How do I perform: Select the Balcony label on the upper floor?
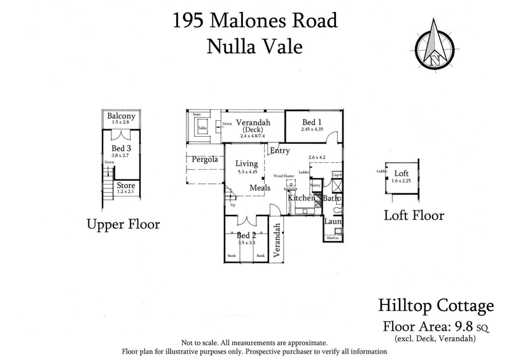[x=120, y=116]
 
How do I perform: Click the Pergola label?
[x=202, y=159]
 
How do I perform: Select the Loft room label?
[x=401, y=173]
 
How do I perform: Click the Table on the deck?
[x=202, y=127]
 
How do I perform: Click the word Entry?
[x=279, y=151]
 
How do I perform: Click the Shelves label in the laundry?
[x=332, y=238]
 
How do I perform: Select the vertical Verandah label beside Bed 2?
[x=277, y=241]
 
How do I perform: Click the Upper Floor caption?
[x=123, y=225]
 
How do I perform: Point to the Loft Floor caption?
[x=414, y=215]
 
